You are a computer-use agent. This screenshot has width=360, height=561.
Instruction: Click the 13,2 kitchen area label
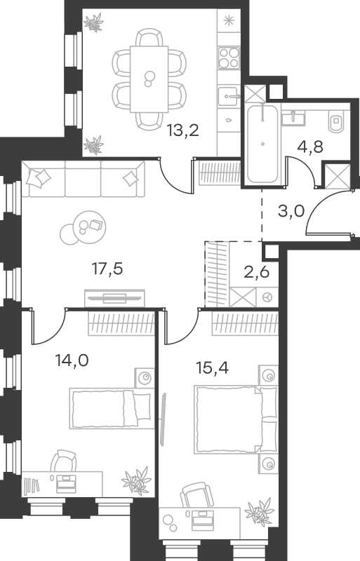(182, 131)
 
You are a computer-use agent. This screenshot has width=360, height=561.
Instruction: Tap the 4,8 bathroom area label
(310, 146)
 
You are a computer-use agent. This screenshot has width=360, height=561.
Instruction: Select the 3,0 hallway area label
(291, 211)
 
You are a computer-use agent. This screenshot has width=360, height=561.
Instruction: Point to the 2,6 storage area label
(256, 272)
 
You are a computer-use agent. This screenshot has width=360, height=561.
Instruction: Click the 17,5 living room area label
(107, 269)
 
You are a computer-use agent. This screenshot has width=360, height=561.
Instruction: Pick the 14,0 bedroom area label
(72, 360)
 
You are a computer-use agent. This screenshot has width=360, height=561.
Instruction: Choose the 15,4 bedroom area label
(213, 367)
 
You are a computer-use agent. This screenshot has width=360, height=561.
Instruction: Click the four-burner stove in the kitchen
(229, 58)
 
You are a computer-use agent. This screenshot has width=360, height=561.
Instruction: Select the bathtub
(262, 144)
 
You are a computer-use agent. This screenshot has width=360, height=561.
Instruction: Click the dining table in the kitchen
(149, 79)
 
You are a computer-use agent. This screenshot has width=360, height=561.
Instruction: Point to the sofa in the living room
(83, 179)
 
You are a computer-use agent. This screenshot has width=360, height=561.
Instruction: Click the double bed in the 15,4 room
(236, 419)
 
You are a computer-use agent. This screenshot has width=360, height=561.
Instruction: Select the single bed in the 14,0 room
(110, 409)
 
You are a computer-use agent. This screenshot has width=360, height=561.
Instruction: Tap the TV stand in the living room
(114, 298)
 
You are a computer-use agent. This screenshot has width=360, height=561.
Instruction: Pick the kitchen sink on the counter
(229, 96)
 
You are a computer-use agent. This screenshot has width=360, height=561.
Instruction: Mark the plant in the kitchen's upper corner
(93, 22)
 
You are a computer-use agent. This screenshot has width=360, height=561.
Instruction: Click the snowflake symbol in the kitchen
(228, 20)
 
